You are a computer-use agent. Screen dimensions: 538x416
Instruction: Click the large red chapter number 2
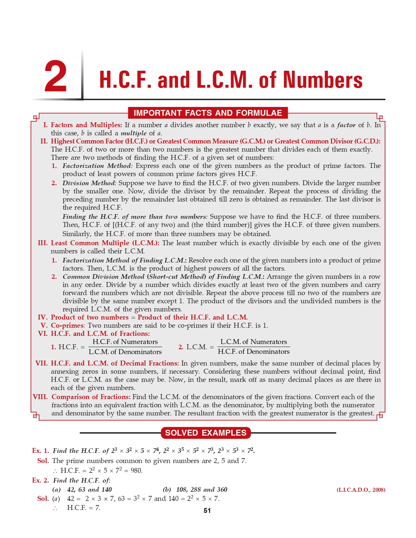[56, 77]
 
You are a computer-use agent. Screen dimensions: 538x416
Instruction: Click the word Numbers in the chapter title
[323, 80]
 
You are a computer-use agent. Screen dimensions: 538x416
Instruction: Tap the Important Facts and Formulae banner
[208, 113]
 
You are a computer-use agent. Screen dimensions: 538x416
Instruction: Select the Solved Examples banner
[206, 433]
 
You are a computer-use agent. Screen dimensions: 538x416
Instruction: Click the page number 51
[207, 511]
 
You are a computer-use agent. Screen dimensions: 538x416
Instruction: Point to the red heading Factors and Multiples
[86, 125]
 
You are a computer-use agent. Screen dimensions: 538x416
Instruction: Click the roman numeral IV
[43, 317]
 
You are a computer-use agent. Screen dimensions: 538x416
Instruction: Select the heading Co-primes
[67, 325]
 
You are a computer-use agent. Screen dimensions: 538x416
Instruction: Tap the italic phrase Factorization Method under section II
[97, 166]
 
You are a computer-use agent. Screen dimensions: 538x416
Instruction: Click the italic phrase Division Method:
[89, 183]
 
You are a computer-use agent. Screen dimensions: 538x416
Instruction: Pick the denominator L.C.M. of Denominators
[125, 352]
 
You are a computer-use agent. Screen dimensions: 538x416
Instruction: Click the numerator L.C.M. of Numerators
[254, 342]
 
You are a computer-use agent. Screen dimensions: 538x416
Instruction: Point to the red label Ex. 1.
[40, 451]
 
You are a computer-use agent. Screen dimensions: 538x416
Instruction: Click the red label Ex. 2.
[40, 480]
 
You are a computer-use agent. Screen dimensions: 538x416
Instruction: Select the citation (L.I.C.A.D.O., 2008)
[361, 490]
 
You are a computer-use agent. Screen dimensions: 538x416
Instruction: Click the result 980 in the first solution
[136, 471]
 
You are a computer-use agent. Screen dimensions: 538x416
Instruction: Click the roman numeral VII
[41, 363]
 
